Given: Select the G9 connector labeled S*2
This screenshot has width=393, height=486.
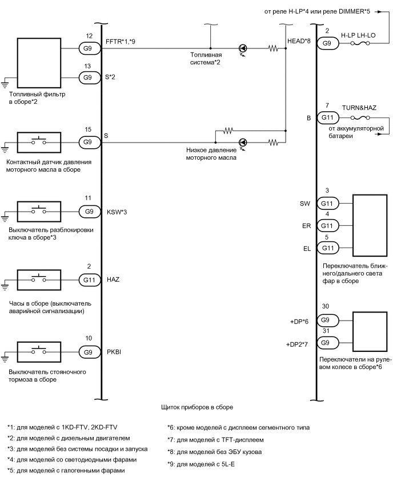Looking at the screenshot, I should click(x=89, y=76).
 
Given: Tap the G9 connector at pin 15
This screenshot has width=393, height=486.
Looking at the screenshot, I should click(x=89, y=141).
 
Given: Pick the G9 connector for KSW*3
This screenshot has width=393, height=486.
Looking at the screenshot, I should click(x=89, y=211).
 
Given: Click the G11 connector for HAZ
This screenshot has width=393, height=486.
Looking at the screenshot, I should click(x=89, y=280).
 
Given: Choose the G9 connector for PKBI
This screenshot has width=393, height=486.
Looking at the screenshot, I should click(x=89, y=352).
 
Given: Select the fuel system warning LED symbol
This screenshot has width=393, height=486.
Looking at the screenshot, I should click(x=243, y=49).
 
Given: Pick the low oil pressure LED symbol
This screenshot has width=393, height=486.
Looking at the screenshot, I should click(x=243, y=141).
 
